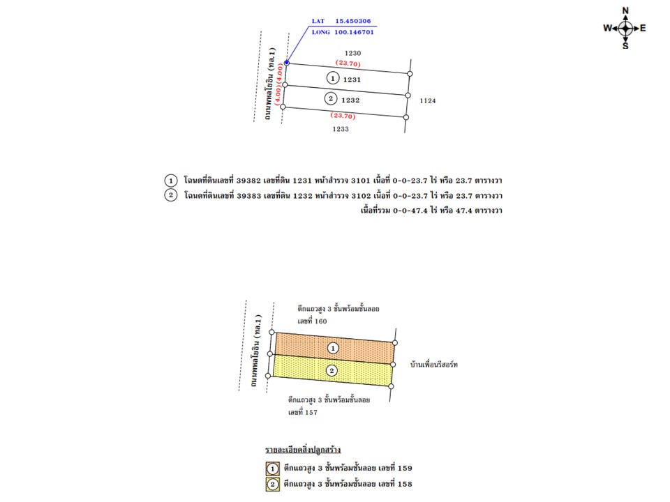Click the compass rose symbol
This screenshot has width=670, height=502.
625,28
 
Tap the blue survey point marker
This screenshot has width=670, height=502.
287,63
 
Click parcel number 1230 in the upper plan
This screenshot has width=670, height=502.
353,53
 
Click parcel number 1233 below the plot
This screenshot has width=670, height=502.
340,129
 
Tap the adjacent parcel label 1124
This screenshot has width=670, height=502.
428,101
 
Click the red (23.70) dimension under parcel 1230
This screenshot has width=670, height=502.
348,63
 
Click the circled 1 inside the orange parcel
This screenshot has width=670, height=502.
334,347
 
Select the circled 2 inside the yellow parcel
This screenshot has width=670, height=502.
332,370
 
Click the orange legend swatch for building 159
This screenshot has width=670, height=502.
273,469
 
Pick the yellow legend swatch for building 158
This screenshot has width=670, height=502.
273,485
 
